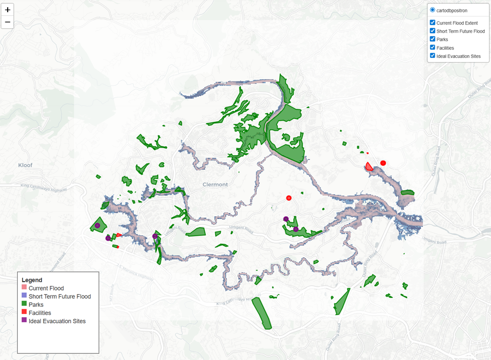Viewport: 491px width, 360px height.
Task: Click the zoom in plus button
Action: [x=7, y=10]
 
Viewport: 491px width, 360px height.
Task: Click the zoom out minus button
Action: [x=7, y=22]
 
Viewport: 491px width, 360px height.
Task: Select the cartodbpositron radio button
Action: [x=433, y=10]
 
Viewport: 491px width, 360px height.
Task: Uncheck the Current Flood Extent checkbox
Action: [x=433, y=23]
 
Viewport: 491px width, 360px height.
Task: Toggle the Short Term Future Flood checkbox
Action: [x=433, y=31]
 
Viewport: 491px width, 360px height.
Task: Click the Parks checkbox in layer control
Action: [x=433, y=39]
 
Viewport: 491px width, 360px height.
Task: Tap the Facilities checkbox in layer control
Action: [x=433, y=47]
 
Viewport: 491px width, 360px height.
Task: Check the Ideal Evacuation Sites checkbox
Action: [x=433, y=56]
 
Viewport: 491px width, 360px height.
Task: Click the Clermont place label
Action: [x=215, y=185]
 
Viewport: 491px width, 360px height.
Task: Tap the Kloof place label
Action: [x=25, y=165]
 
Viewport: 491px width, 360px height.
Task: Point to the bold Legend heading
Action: [x=32, y=280]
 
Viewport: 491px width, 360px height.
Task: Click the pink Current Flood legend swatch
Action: [x=24, y=288]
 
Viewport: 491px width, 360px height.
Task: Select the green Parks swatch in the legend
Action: [x=24, y=304]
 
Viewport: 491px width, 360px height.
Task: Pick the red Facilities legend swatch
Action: [x=24, y=313]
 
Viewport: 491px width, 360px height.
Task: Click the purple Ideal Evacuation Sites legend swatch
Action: [x=24, y=321]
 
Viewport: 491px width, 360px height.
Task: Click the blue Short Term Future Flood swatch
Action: [x=24, y=296]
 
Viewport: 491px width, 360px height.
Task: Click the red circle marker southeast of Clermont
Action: [x=289, y=198]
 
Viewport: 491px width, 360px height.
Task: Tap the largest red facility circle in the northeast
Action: [x=383, y=163]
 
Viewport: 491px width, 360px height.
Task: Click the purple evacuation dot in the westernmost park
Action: [x=97, y=225]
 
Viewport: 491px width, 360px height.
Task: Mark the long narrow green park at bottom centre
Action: [x=262, y=313]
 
